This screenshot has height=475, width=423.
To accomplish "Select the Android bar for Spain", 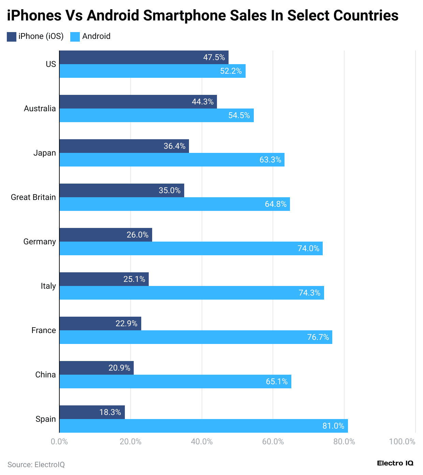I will (203, 426).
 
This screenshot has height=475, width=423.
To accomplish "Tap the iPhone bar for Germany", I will (106, 235).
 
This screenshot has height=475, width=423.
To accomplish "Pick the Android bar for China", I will (175, 382).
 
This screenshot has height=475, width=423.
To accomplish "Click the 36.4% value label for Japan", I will (174, 146).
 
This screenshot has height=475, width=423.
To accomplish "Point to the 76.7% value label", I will (318, 337).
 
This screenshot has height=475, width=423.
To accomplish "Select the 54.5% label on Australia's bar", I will (239, 115).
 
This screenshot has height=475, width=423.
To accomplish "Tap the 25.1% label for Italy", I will (134, 279).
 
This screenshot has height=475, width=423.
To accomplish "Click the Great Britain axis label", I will (33, 197).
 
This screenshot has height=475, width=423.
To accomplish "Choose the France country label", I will (43, 330).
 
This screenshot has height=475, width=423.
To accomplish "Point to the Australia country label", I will (40, 109).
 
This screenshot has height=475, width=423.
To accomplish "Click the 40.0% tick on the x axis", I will (202, 442).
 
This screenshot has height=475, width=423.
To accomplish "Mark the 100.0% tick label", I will (402, 442).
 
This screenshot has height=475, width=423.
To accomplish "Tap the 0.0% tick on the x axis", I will (59, 442).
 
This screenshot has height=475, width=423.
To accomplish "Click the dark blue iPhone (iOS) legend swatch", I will (12, 37).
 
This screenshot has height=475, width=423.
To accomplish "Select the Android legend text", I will (96, 36).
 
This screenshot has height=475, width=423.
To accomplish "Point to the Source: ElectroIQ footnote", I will (36, 464).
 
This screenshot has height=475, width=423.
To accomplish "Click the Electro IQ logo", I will (395, 463).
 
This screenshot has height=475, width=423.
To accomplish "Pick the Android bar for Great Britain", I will (175, 204).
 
